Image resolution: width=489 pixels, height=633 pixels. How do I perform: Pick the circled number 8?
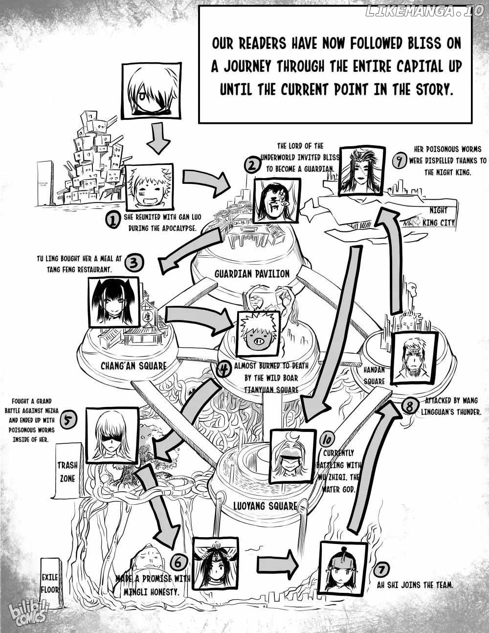pos(410,406)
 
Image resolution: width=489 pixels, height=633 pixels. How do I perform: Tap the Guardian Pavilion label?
pos(252,273)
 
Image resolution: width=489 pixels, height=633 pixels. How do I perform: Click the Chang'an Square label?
pos(133,365)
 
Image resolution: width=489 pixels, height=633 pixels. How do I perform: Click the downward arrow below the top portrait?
pos(157,138)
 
